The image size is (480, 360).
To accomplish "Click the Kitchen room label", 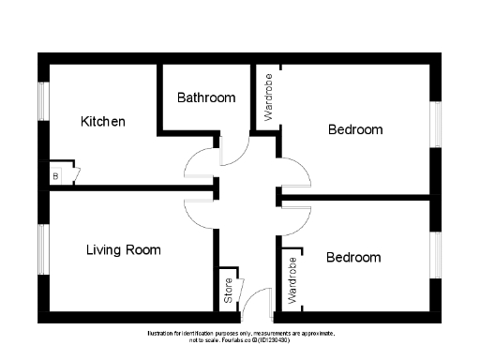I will tap(103, 122).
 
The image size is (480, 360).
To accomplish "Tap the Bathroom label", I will tap(206, 97).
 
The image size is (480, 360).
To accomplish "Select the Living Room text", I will tap(123, 250).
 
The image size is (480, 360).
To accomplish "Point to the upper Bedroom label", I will tap(355, 129).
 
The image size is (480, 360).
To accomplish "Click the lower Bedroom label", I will tap(353, 257).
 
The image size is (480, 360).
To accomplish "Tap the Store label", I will tap(228, 291).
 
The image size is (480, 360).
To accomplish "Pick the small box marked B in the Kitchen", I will tap(55, 175).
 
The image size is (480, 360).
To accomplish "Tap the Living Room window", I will tap(42, 251).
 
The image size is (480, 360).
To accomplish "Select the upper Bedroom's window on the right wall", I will tap(435, 124).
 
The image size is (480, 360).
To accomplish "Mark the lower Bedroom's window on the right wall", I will tap(435, 256).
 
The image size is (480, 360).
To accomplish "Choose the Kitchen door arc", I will tap(201, 165).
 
